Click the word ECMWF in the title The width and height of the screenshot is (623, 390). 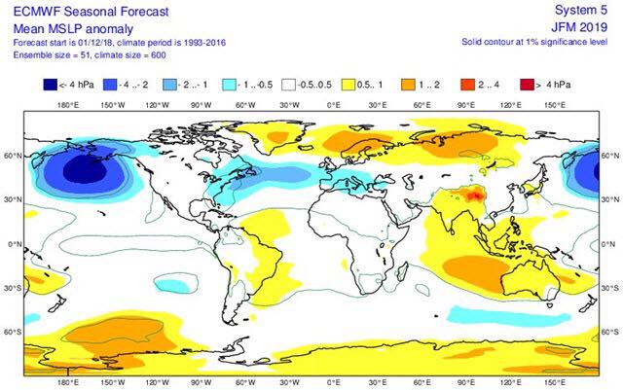coord(37,11)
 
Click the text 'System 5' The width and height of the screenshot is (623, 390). coord(581,11)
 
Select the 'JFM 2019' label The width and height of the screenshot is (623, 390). coord(579,27)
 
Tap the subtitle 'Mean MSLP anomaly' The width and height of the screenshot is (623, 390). coord(73,28)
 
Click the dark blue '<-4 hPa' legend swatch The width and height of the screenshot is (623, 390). coord(50,85)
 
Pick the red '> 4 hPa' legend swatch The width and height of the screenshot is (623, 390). coord(527,85)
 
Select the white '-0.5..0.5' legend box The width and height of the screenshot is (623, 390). coord(288,85)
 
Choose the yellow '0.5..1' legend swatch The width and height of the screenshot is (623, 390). coord(348,85)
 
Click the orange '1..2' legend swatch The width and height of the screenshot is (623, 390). coord(408,85)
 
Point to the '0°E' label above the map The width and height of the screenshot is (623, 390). coord(333,105)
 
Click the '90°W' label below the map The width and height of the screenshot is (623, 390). coord(202,382)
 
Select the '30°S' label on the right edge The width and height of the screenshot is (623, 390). coord(610,288)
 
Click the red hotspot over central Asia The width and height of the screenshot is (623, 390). coord(474,195)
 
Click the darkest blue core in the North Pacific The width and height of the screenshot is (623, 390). coord(85,169)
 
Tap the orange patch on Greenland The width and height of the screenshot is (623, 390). coord(277,137)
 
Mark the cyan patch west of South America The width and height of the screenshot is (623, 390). coord(171,285)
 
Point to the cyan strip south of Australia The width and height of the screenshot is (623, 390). coord(508,314)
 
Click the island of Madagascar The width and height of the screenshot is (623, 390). coord(402,274)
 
